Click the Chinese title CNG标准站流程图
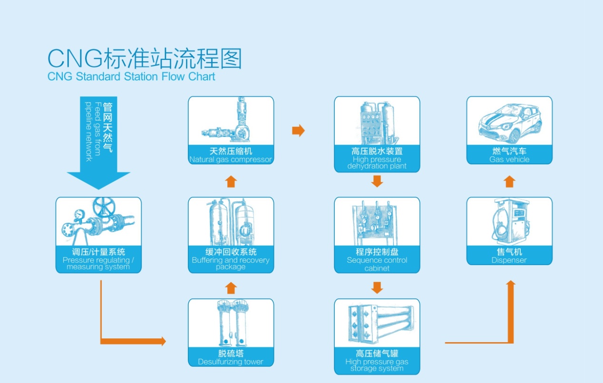(145, 59)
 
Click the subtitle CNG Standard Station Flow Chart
(131, 77)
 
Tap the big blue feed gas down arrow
(98, 143)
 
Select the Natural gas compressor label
(231, 156)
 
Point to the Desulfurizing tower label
(231, 358)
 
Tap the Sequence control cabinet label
(377, 260)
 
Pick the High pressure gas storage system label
(377, 361)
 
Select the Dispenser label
(509, 256)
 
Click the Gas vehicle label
(509, 155)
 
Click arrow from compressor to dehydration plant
(298, 131)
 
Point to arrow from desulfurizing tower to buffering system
(231, 287)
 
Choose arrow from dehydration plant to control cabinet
(377, 181)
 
